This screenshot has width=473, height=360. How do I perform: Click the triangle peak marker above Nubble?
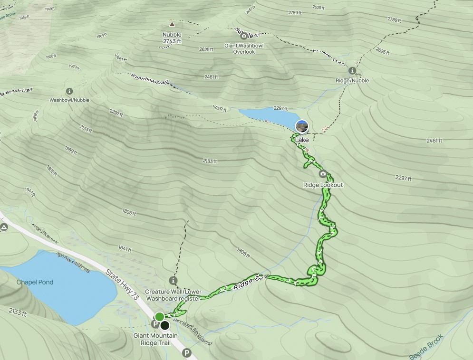coord(172,24)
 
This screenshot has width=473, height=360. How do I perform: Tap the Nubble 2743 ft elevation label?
coord(172,38)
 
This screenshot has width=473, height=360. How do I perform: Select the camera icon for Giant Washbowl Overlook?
coord(244,36)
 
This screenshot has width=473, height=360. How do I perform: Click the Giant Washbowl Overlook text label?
coord(244,49)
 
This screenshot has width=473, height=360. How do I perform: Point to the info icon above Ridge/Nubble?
coord(352,71)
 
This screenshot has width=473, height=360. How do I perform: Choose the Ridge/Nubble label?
coord(352,81)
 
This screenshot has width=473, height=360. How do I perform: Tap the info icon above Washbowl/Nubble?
coord(69,91)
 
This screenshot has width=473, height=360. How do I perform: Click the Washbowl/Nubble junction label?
coord(69,100)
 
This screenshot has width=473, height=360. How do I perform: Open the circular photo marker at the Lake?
coord(302,126)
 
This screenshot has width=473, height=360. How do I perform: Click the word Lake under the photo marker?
coord(302,140)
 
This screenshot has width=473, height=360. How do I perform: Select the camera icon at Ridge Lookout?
coord(323,174)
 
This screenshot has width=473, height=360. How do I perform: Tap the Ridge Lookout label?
coord(323,185)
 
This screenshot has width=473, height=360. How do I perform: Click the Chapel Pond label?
coord(35,282)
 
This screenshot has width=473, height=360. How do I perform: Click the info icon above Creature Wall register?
coord(173,281)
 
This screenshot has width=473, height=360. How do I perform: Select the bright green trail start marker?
coord(159,317)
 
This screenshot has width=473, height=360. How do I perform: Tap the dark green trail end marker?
coord(164,325)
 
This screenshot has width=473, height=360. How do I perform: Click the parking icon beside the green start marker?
coord(155,324)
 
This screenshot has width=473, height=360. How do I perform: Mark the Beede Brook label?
coord(426,347)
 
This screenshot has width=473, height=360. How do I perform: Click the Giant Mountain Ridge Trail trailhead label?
coord(155,339)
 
